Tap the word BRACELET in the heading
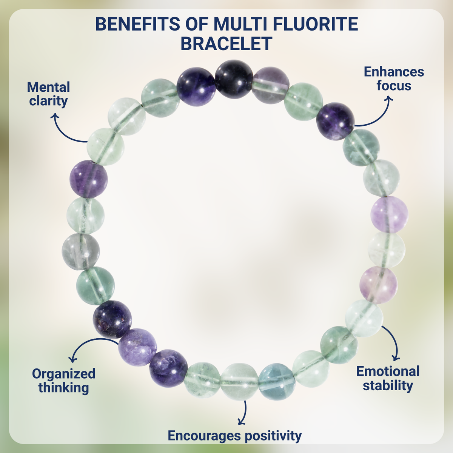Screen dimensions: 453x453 pyautogui.click(x=226, y=44)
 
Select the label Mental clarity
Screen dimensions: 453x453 pyautogui.click(x=48, y=94)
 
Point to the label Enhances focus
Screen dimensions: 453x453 pyautogui.click(x=394, y=79)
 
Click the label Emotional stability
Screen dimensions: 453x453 pyautogui.click(x=388, y=378)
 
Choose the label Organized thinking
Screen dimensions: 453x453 pyautogui.click(x=63, y=381)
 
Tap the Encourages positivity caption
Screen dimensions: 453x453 pyautogui.click(x=234, y=435)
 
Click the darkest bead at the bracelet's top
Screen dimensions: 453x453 pyautogui.click(x=234, y=79)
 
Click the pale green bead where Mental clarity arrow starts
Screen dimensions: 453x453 pyautogui.click(x=106, y=146)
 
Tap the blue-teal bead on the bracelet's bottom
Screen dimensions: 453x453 pyautogui.click(x=277, y=381)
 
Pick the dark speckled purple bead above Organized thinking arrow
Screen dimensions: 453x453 pyautogui.click(x=112, y=319)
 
